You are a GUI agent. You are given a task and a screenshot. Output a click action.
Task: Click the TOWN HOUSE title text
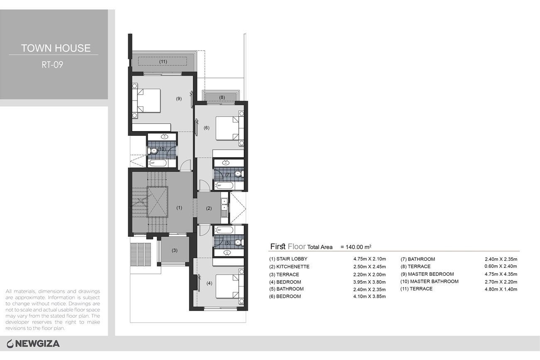point(56,48)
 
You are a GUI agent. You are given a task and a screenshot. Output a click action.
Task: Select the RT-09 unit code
point(52,65)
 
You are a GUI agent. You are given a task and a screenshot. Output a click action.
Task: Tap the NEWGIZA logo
point(33,344)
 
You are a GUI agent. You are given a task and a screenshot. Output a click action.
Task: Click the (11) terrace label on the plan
point(163,62)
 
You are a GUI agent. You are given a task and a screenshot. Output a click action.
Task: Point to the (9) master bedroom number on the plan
point(179,98)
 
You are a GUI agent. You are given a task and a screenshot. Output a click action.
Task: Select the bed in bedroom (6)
point(230,128)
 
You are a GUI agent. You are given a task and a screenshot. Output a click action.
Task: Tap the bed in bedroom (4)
point(230,287)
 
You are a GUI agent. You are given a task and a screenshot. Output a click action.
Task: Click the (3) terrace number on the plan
point(174,250)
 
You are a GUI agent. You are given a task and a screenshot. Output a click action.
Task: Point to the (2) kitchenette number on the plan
point(209,208)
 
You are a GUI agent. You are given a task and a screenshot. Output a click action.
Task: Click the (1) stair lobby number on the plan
point(179,208)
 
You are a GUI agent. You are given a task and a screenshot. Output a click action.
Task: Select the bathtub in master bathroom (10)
point(158,163)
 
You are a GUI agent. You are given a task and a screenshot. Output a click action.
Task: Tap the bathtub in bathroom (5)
point(224,230)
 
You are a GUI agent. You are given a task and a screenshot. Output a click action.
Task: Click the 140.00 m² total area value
point(356,247)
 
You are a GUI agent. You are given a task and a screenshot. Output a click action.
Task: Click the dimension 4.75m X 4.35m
point(501,274)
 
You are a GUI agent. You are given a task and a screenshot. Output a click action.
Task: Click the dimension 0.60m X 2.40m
point(501,266)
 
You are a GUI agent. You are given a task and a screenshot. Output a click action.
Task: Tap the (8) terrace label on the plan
point(222,97)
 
